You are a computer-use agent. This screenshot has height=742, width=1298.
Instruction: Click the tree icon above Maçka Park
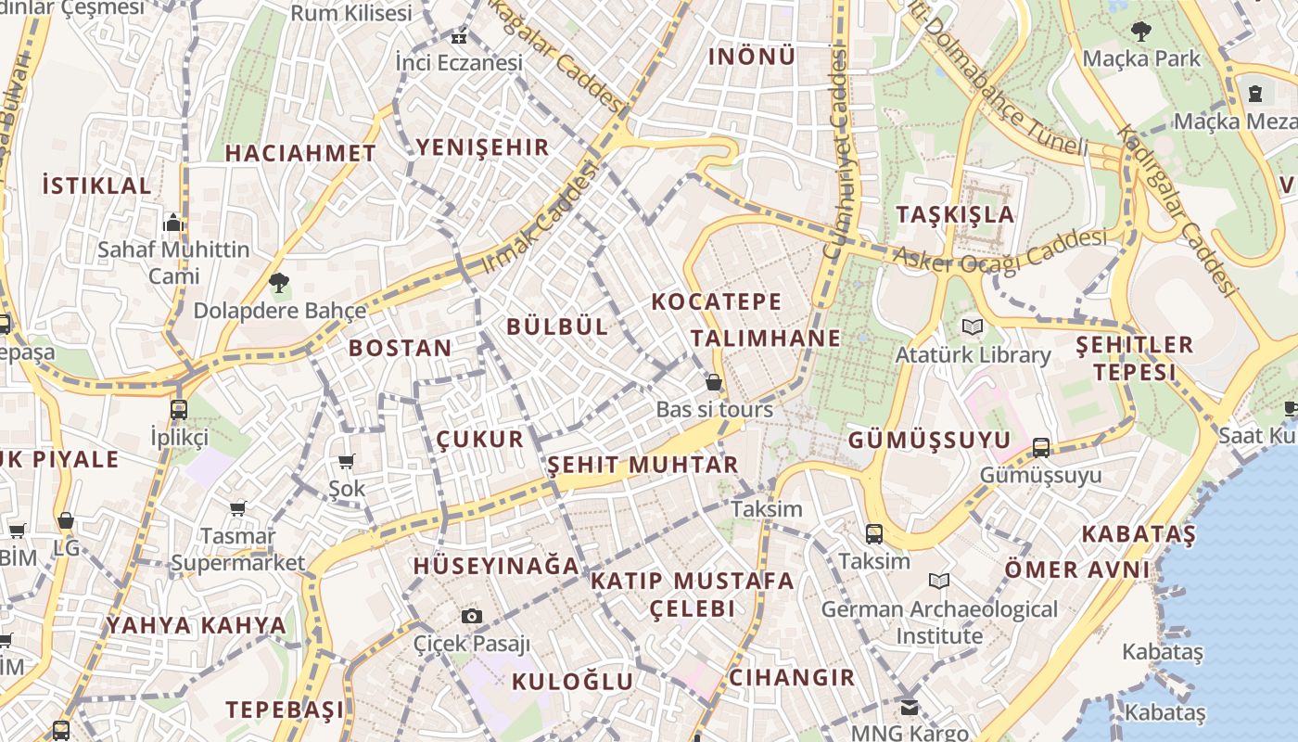click(1141, 32)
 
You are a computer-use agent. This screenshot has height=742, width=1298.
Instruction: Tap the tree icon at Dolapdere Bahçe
click(278, 283)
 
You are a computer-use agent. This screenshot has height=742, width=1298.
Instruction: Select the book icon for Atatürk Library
click(972, 327)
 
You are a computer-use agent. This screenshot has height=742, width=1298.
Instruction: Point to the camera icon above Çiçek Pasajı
click(472, 616)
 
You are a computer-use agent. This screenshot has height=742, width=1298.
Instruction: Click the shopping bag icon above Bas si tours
click(714, 382)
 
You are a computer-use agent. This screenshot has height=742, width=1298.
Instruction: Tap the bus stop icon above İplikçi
click(179, 409)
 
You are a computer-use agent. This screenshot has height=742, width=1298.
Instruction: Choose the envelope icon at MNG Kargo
click(909, 707)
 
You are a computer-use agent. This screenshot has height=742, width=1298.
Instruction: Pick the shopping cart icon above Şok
click(347, 461)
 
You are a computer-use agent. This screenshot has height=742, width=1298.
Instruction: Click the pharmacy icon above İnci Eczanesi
click(458, 38)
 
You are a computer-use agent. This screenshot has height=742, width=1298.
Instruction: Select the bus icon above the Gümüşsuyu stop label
click(1041, 448)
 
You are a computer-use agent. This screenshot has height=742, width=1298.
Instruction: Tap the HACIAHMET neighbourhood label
click(300, 154)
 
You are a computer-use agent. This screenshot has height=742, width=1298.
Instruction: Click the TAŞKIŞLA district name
click(955, 215)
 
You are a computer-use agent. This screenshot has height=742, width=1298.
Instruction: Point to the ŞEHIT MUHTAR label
click(643, 465)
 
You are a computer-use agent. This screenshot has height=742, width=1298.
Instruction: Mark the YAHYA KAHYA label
click(197, 625)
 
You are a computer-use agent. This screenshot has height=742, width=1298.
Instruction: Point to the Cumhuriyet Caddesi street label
click(835, 153)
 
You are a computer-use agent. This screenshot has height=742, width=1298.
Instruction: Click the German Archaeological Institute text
click(939, 622)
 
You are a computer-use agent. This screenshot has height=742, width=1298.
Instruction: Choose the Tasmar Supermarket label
click(238, 549)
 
